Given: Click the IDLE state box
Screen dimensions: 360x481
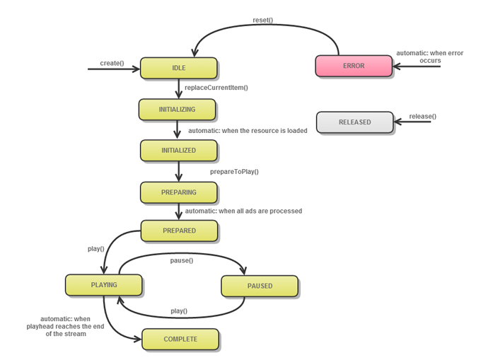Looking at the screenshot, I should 178,68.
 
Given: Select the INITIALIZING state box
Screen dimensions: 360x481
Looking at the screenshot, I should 177,110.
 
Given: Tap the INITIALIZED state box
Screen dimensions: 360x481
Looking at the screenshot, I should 178,151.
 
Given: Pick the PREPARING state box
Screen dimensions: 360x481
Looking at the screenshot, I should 178,192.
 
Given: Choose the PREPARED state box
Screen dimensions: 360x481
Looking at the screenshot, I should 179,231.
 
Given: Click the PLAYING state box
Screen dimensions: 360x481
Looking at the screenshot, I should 104,285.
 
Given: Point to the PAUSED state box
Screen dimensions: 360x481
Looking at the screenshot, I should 260,286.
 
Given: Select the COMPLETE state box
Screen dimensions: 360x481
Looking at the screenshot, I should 180,339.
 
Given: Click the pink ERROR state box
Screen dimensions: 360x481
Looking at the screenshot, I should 354,66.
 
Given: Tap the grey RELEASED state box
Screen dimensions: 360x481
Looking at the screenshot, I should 354,122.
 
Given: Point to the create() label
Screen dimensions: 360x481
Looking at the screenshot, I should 112,63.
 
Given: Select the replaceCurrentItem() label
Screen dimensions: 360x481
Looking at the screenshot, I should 216,88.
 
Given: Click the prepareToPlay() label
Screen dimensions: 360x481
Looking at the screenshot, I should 234,171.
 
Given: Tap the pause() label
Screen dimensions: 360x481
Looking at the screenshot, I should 182,260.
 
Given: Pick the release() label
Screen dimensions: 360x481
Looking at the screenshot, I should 422,116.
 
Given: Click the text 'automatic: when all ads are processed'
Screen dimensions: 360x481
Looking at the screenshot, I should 243,211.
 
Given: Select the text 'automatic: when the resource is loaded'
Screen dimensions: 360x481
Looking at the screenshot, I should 248,130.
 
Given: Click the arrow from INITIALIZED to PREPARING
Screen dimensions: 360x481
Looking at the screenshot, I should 179,171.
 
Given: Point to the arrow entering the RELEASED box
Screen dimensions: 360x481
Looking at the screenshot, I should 412,122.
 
